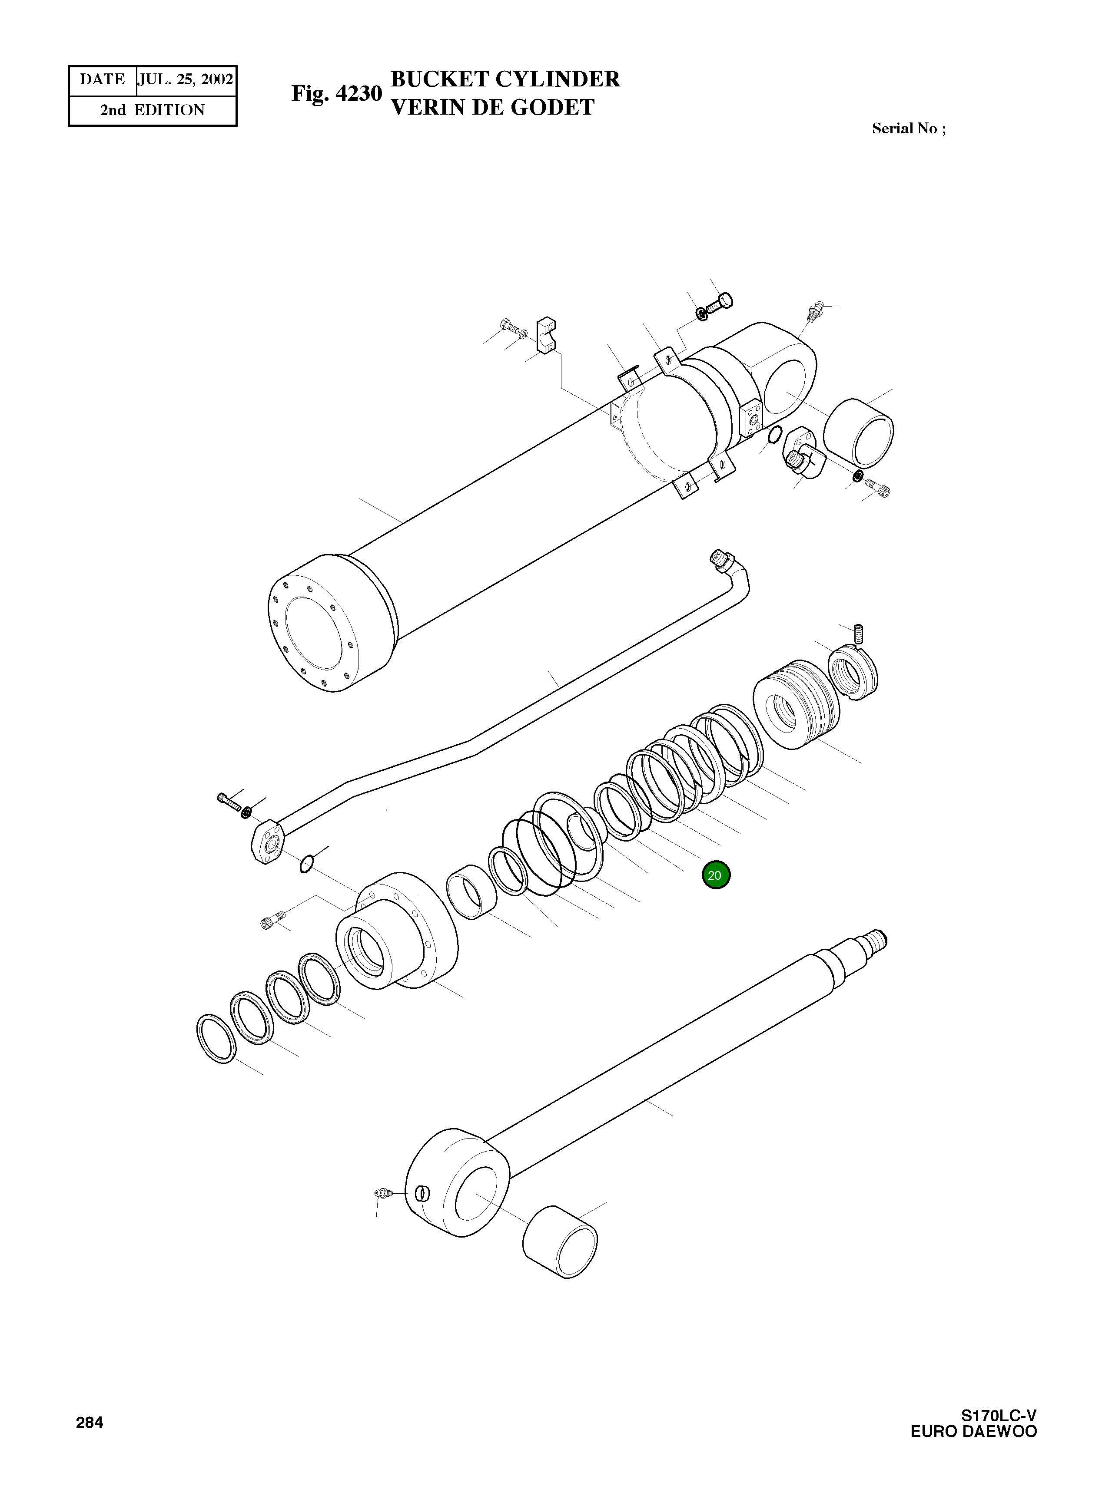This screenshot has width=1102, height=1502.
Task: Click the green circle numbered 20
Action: pyautogui.click(x=715, y=875)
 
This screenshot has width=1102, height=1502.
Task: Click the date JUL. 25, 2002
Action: pyautogui.click(x=186, y=80)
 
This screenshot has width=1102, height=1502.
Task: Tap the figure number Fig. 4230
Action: pyautogui.click(x=336, y=94)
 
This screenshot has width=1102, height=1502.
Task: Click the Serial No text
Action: pyautogui.click(x=908, y=129)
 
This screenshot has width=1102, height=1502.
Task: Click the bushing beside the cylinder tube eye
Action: pyautogui.click(x=859, y=433)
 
